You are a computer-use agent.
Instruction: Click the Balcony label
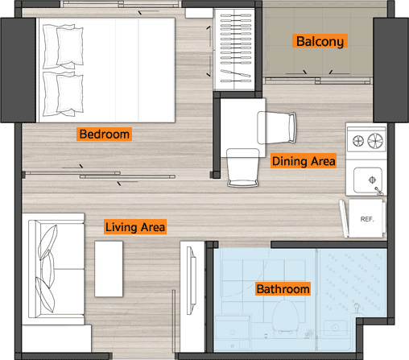(x=320, y=41)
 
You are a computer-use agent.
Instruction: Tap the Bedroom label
(x=104, y=134)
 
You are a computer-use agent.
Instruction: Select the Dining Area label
(x=304, y=161)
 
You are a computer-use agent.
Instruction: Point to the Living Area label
(x=135, y=227)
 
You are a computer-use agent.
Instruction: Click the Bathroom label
(x=283, y=288)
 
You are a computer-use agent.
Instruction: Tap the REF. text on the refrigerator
(x=367, y=219)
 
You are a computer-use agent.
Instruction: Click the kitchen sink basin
(x=368, y=180)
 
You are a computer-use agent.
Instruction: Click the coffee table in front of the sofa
(x=109, y=269)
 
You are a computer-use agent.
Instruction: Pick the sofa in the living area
(x=56, y=269)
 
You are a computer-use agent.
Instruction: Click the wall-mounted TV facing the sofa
(x=192, y=280)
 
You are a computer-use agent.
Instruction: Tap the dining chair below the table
(x=242, y=168)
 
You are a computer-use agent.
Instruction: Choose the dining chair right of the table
(x=277, y=128)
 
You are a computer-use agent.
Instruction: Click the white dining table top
(x=242, y=127)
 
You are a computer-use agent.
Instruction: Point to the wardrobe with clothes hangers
(x=234, y=49)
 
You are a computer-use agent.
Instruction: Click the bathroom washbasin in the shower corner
(x=336, y=328)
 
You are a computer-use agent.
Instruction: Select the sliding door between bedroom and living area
(x=100, y=175)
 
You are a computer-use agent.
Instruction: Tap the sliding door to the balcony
(x=318, y=81)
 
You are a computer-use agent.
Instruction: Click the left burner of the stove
(x=358, y=141)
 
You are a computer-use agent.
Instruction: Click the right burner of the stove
(x=375, y=141)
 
